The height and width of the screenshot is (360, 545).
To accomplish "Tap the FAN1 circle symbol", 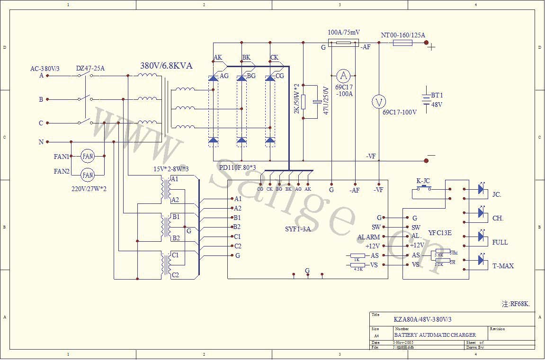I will click(88, 156).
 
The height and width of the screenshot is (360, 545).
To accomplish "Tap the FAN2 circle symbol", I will click(88, 175).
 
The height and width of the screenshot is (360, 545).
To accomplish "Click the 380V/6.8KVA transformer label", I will click(166, 66).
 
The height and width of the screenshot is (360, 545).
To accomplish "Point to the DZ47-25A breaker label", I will click(90, 69).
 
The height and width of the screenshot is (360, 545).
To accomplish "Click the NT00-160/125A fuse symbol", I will click(403, 43).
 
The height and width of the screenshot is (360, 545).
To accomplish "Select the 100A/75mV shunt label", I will click(344, 33).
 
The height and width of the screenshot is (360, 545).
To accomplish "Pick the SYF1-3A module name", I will click(298, 229).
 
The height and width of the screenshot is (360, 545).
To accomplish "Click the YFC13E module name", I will click(440, 233).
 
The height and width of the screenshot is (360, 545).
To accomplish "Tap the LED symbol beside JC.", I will click(482, 190).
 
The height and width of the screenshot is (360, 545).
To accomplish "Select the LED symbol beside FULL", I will click(482, 237).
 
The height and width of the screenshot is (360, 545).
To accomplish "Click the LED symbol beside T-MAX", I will click(482, 260).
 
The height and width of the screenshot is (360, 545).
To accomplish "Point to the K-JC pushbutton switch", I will click(423, 189).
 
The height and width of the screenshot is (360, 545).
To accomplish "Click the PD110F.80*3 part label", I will click(237, 167).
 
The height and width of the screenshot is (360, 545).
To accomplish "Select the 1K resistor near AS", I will click(357, 255).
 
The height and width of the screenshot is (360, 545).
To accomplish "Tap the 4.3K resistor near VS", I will click(358, 265).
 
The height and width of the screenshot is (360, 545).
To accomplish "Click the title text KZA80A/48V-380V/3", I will click(423, 319).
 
